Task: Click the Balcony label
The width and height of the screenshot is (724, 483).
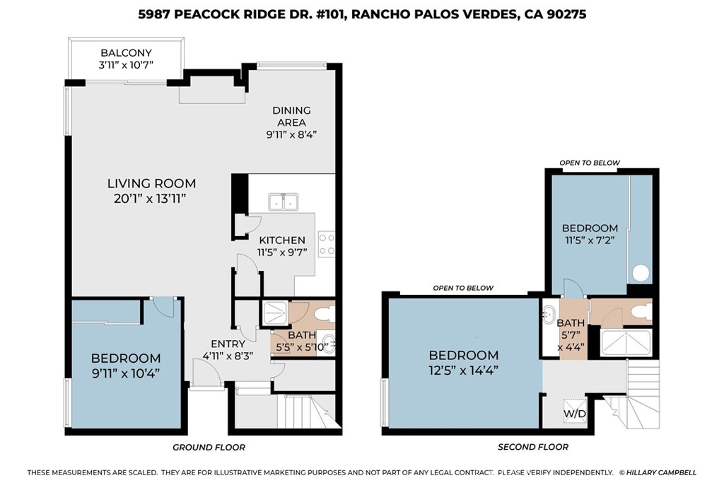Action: [127, 53]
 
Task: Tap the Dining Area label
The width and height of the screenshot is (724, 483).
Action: [291, 116]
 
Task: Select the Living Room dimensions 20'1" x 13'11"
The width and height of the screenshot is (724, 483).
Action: [151, 199]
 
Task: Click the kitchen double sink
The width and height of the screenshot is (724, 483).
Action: [284, 202]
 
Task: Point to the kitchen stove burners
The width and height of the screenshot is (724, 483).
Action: [327, 244]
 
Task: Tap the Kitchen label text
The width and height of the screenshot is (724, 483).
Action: [282, 240]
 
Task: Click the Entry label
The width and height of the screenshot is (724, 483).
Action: [223, 344]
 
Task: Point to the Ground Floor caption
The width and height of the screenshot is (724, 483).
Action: [209, 447]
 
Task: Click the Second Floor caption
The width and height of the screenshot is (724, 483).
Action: [532, 447]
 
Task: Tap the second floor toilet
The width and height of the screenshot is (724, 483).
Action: [641, 310]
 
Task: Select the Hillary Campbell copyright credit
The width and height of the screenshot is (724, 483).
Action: [658, 472]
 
